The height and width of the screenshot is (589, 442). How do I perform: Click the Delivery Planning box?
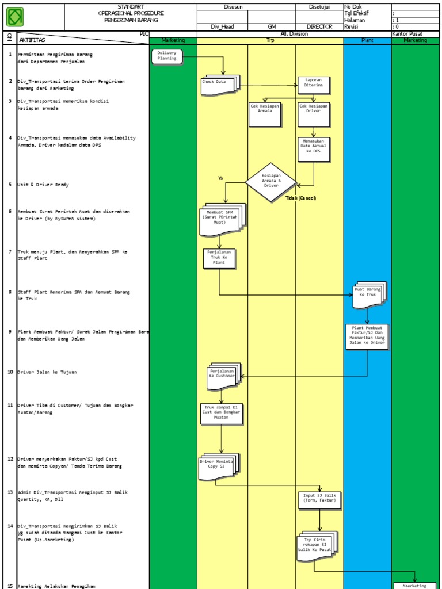pos(167,56)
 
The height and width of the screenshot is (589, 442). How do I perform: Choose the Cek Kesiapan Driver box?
pos(314,114)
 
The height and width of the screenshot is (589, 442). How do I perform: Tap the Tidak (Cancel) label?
pos(300,198)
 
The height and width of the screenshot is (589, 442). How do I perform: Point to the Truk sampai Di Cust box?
pos(222,414)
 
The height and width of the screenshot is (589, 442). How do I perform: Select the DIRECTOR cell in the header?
pos(319,26)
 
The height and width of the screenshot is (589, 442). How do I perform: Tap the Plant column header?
pos(367,41)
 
